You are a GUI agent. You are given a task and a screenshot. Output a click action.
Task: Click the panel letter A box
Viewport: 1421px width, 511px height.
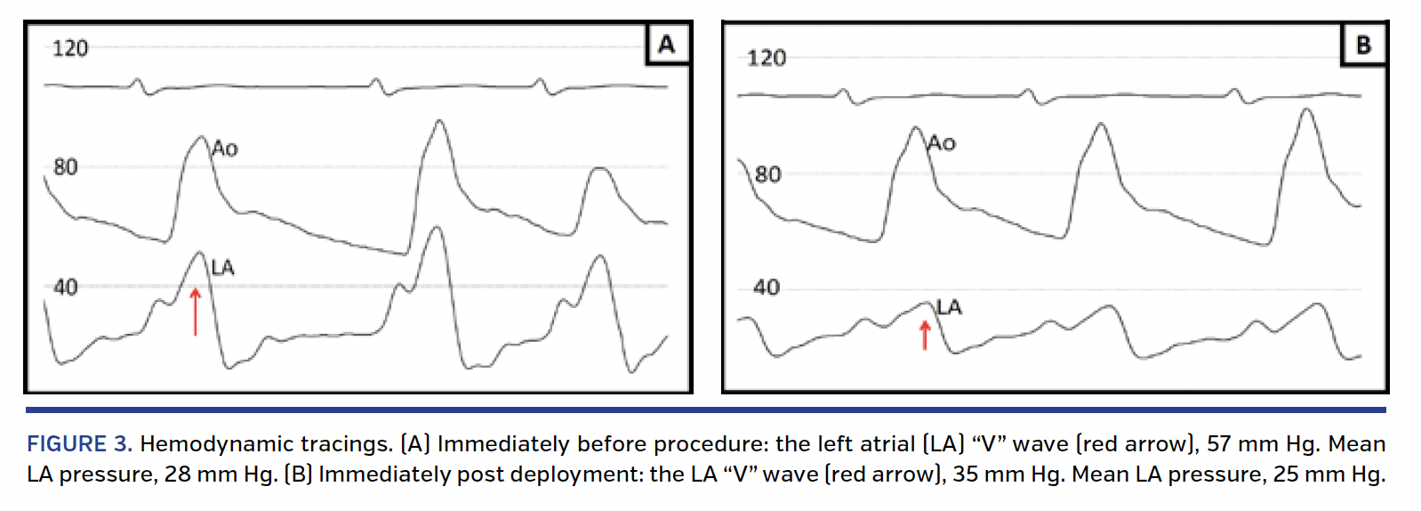point(667,44)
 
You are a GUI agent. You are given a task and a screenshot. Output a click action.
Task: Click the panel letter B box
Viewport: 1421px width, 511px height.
point(1363,44)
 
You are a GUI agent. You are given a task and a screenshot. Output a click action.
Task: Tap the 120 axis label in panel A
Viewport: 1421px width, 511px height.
point(69,48)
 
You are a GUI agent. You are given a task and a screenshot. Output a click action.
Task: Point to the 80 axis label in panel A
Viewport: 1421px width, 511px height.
point(65,166)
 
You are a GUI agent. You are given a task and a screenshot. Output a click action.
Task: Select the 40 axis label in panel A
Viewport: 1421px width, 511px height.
point(65,287)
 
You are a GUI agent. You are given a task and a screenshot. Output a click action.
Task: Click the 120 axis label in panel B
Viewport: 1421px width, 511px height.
point(766,59)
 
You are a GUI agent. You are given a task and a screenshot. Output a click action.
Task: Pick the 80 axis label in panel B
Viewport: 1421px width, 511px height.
point(767,174)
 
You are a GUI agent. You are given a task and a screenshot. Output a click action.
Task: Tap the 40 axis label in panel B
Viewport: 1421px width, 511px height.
point(766,288)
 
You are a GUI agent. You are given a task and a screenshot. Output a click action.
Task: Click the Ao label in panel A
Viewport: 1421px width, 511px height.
point(225,149)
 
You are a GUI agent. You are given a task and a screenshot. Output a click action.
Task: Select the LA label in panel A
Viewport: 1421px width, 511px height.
point(222,267)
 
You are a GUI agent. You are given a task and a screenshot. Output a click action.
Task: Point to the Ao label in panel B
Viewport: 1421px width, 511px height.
point(942,142)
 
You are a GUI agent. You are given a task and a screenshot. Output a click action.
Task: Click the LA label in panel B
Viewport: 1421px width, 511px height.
point(949,307)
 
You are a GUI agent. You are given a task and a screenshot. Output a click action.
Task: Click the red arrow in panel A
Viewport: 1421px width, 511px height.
point(196,311)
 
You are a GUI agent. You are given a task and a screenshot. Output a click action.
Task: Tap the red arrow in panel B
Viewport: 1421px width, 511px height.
point(925,335)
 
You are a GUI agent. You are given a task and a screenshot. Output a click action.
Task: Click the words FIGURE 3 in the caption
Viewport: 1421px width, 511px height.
point(79,444)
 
